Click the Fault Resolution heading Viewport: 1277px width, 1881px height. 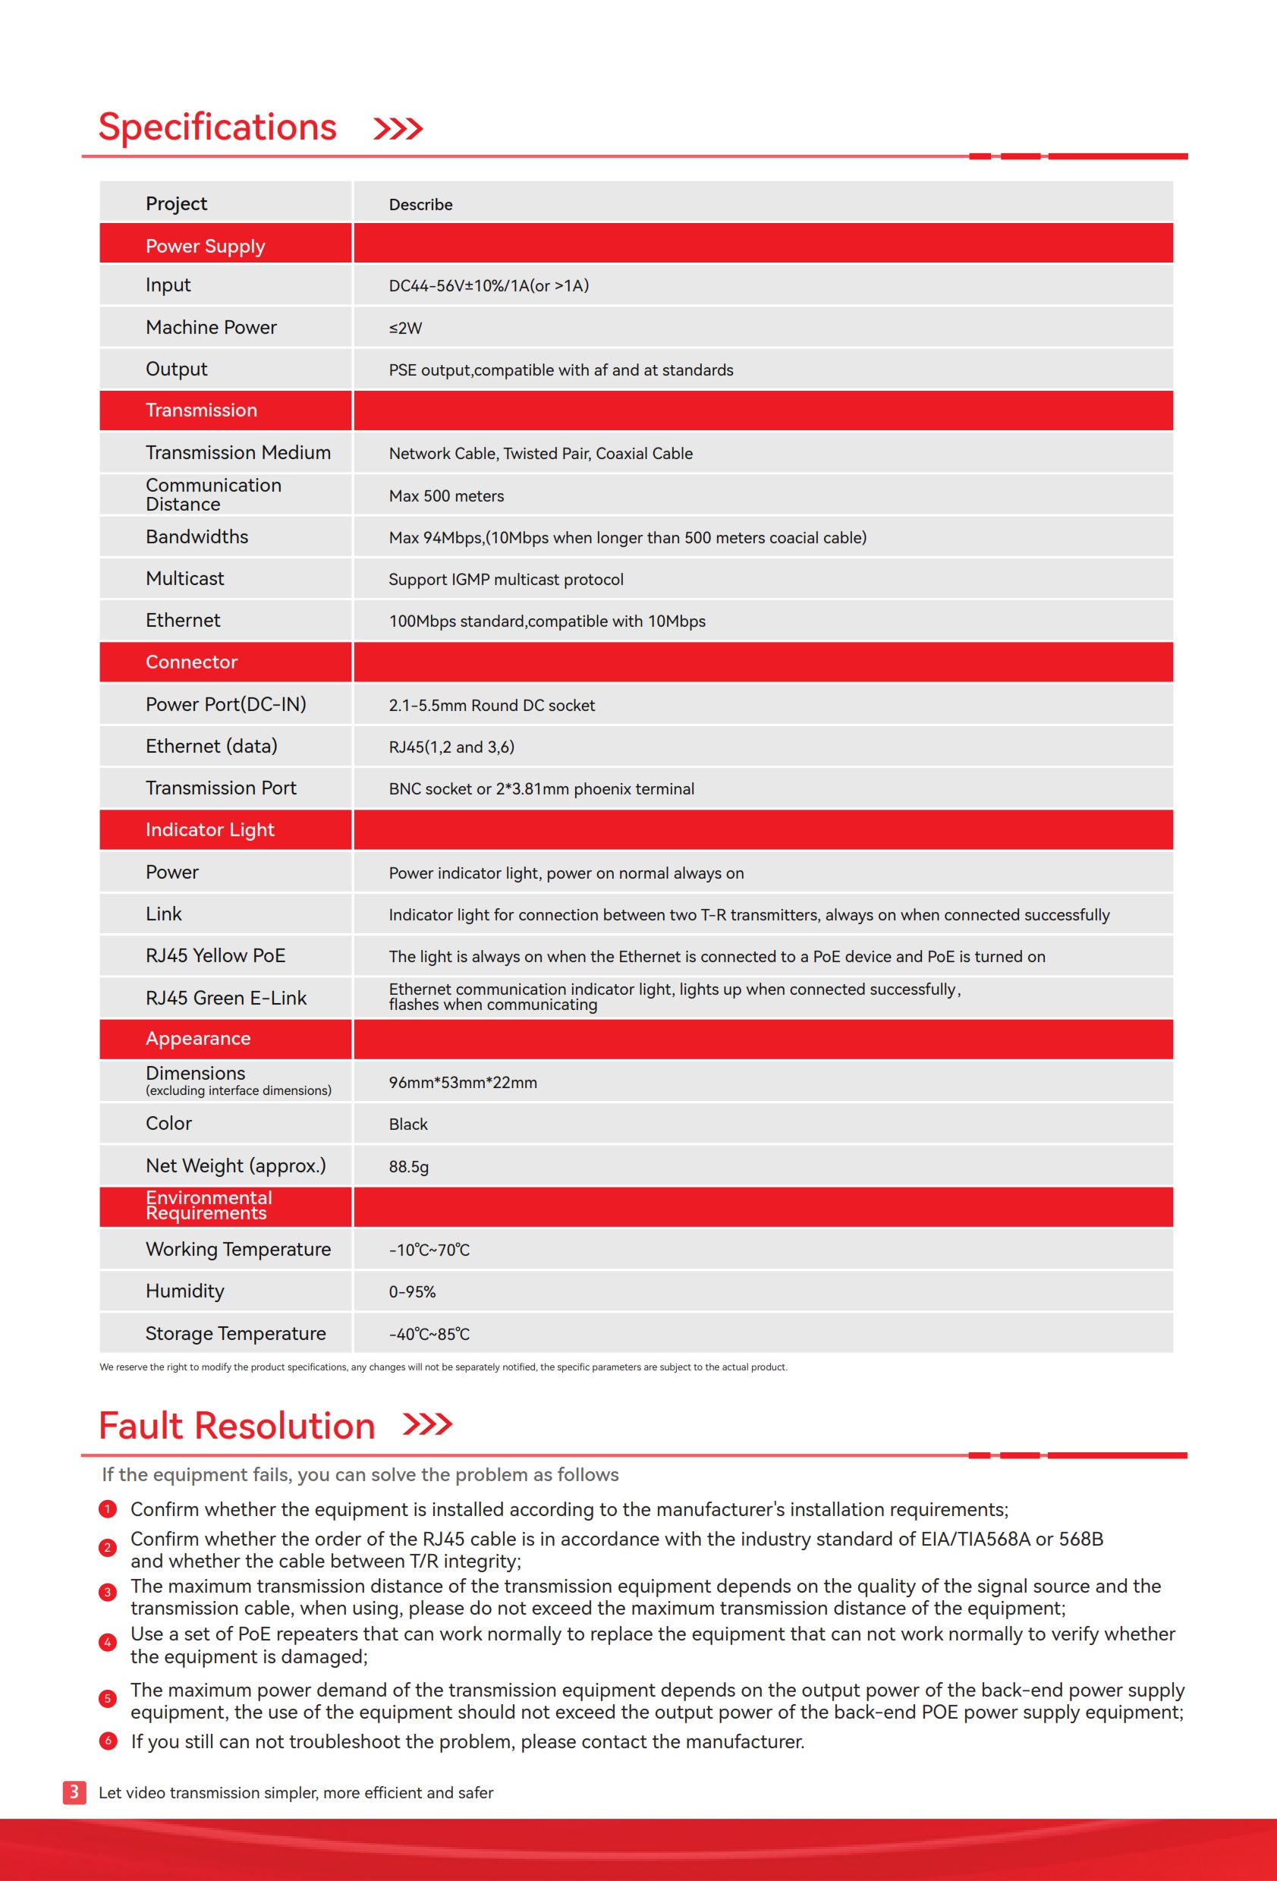point(236,1426)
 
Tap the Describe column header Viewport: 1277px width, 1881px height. point(420,205)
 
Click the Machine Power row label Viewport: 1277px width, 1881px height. point(210,327)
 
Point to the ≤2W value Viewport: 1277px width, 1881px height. point(404,328)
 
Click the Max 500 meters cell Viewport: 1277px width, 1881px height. point(446,496)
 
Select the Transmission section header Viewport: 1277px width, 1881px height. point(201,410)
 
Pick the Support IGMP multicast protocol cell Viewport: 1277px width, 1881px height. point(506,580)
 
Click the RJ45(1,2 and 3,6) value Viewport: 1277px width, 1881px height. point(451,747)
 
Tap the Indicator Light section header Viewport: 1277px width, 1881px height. point(209,829)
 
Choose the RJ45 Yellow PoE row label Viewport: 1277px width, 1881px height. point(215,956)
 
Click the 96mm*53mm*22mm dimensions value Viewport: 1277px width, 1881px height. point(462,1083)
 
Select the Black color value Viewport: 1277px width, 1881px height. point(408,1125)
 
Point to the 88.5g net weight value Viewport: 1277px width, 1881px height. point(408,1166)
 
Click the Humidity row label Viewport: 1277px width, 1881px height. point(184,1291)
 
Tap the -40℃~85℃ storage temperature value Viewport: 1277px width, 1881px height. point(429,1334)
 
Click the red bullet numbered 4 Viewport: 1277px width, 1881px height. point(108,1642)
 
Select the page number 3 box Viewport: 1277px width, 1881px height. point(74,1792)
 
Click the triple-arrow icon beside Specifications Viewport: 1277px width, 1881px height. point(398,129)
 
